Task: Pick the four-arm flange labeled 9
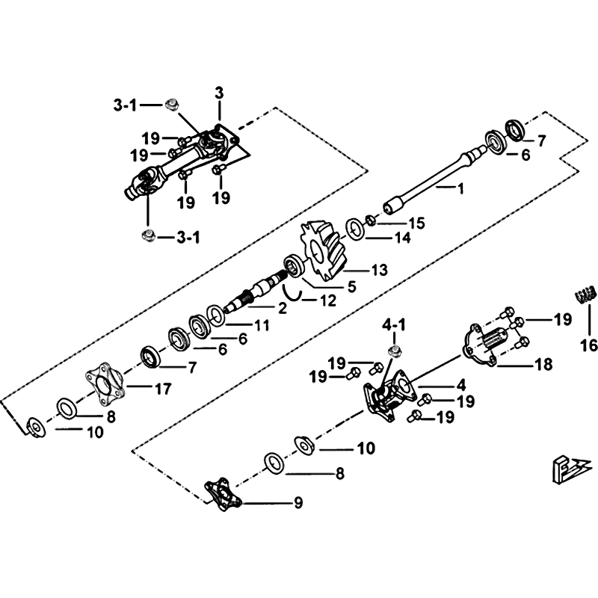(x=223, y=493)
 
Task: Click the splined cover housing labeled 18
(x=490, y=345)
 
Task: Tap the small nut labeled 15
(x=371, y=221)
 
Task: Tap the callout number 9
(x=298, y=502)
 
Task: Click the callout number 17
(x=163, y=389)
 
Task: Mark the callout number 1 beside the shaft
(x=460, y=190)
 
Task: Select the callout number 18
(x=543, y=365)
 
